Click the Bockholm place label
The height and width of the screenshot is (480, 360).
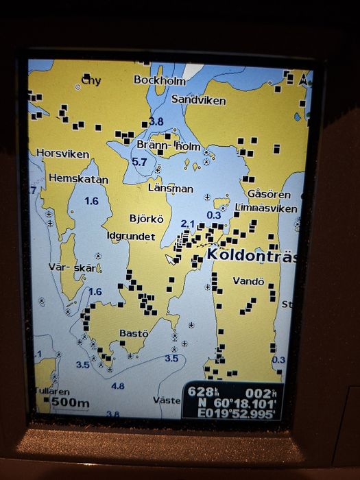click(160, 80)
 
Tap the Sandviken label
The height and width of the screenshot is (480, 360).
click(198, 100)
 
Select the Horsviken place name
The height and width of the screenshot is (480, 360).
click(62, 154)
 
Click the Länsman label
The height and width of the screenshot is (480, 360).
click(171, 188)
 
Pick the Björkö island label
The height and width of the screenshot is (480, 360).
click(147, 219)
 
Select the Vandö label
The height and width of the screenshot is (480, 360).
click(248, 281)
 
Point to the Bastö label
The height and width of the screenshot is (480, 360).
click(134, 333)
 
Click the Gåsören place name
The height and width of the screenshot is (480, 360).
click(264, 194)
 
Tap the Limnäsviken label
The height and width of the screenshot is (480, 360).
click(266, 208)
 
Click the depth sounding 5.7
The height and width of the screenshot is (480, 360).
click(139, 162)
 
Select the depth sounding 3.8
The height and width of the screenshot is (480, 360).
click(156, 122)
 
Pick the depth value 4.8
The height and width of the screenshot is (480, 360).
click(118, 386)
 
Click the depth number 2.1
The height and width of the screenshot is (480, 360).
click(188, 224)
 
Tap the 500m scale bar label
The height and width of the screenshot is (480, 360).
click(71, 403)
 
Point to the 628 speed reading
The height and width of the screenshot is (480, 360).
click(201, 392)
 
